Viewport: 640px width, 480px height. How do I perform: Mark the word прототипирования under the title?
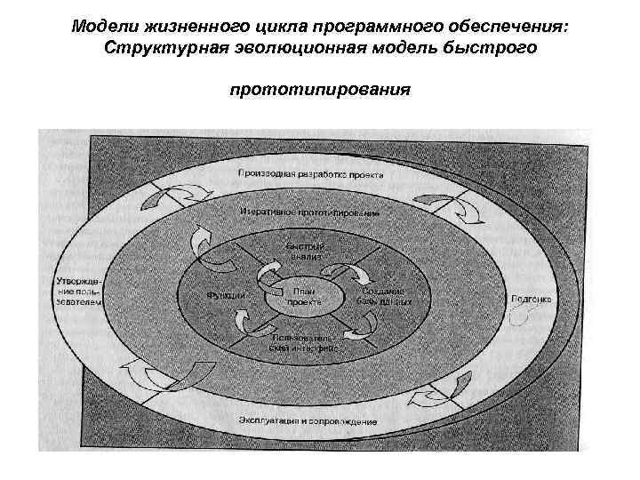[320, 90]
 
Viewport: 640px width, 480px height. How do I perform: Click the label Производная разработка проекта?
[310, 175]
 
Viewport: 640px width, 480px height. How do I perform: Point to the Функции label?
[226, 295]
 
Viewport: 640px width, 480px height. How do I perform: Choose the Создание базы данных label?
[385, 296]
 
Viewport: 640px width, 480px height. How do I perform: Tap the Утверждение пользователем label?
[77, 290]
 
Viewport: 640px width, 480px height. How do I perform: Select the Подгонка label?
[531, 299]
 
